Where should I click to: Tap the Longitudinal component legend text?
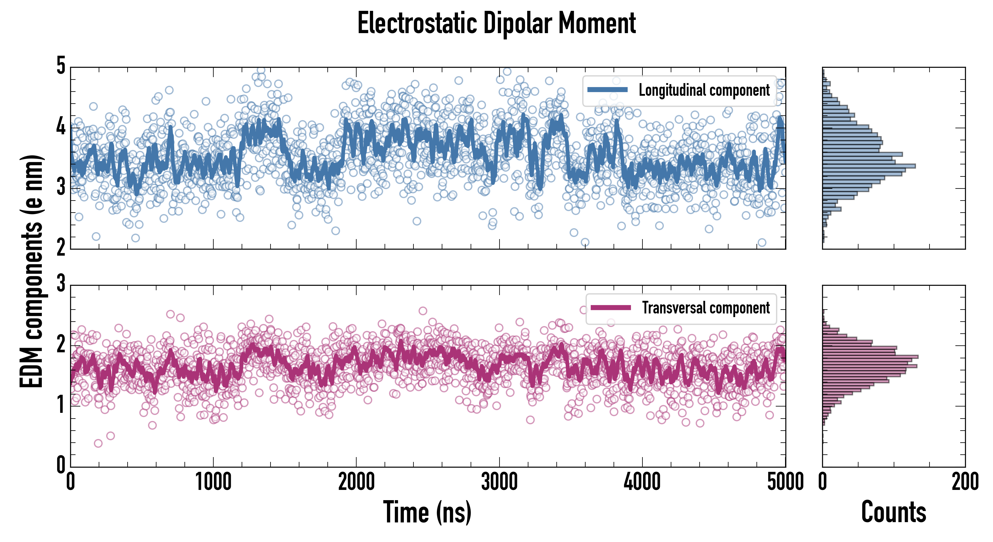pos(704,90)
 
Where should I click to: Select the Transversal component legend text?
pos(705,308)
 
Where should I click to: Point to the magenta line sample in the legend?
pos(611,307)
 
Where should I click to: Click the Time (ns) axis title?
pos(427,512)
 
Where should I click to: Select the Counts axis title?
pos(893,512)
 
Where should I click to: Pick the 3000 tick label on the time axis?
pos(499,482)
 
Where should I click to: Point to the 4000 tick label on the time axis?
pos(642,482)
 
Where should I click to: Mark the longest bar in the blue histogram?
pos(869,166)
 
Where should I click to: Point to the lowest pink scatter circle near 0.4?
pos(98,443)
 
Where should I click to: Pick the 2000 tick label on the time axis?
pos(356,482)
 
